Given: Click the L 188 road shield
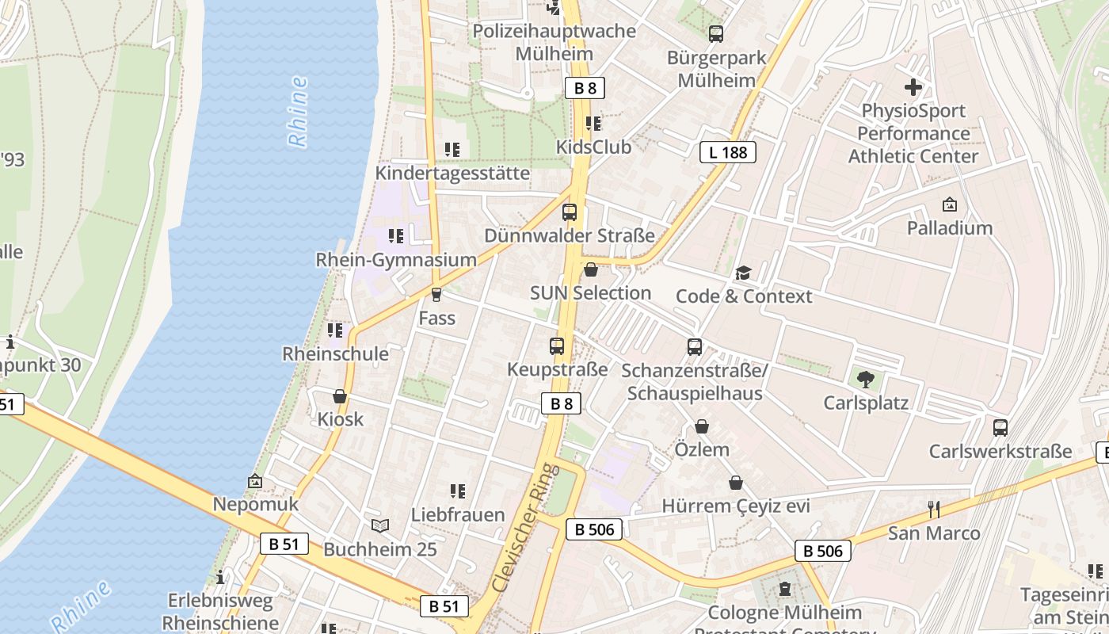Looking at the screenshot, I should pos(727,152).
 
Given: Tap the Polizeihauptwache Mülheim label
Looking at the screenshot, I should pos(554,42).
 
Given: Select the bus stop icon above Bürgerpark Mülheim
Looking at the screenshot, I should pos(716,34).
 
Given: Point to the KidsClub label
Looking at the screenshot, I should pos(593,147).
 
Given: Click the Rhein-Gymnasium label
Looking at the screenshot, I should pos(396,260).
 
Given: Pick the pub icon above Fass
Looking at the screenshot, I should pos(436,295).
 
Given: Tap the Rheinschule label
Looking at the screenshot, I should pos(336,353).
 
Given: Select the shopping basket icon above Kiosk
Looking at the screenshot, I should pos(340,396).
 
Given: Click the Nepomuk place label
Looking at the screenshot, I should pos(255,504).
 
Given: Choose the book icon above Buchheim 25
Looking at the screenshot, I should pos(380,525).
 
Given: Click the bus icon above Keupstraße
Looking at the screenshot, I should pos(557,346).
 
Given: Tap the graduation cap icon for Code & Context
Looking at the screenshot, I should pos(743,273).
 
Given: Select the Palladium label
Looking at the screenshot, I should pos(950,228).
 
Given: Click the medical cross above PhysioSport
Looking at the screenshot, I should pos(913,87).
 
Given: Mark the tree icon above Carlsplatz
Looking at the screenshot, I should pos(866,380).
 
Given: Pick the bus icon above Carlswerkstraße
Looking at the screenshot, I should pos(1000,428).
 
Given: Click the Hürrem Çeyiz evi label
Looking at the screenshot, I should pos(736,506).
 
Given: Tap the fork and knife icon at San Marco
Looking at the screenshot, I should pos(934,509).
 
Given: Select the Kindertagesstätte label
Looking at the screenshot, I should pos(452,173).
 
